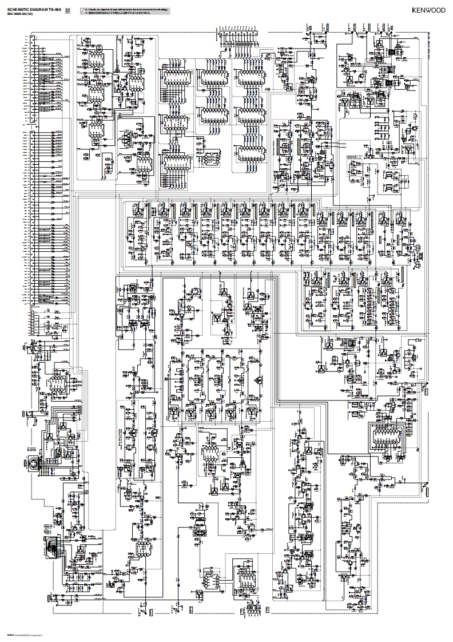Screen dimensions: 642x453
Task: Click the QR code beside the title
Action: click(x=67, y=10)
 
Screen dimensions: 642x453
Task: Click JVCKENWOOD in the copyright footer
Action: click(x=21, y=635)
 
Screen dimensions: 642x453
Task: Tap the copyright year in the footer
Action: click(x=9, y=635)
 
